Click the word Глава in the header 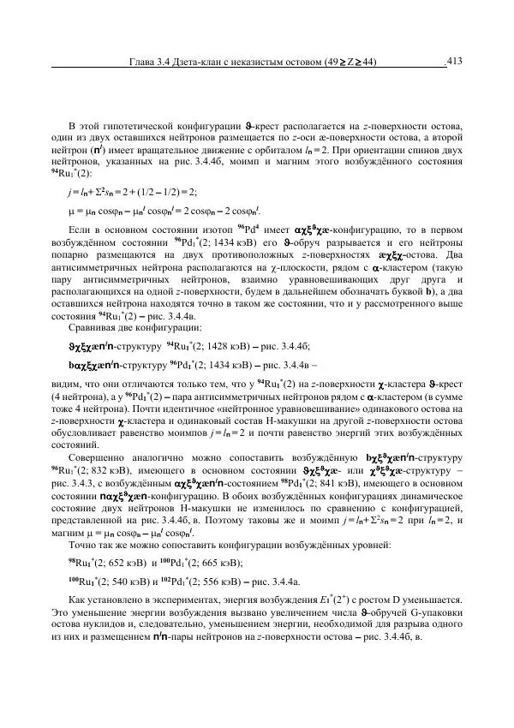[142, 62]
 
